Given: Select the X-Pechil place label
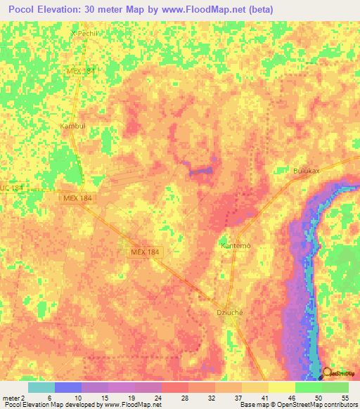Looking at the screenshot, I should coord(82,33).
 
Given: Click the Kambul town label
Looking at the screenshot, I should coord(72,126).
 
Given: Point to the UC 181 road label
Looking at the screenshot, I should coord(12,188).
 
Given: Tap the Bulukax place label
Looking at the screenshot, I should coord(307,170).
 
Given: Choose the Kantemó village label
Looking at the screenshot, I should coord(236,246).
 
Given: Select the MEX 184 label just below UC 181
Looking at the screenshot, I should coord(76,200).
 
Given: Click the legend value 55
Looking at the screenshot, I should coord(345,398).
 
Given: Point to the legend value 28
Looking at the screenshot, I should coord(185,398).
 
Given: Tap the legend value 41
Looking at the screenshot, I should coord(264,398).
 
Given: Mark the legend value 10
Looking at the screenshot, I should coord(78,398).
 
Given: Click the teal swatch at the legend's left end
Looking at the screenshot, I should coord(41,387).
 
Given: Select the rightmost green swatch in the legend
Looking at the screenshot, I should coord(335,387).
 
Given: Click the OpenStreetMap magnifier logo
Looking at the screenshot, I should coord(328,373).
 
